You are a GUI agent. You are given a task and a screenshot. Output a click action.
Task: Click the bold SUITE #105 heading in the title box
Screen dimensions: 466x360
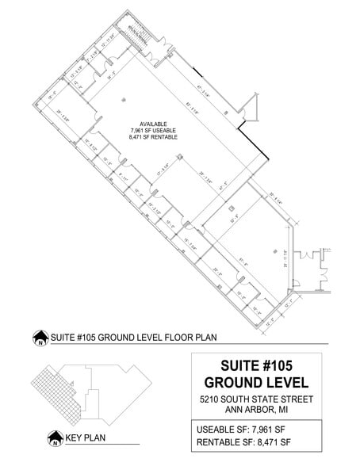point(255,366)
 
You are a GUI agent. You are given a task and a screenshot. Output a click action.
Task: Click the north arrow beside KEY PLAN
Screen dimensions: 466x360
point(55,437)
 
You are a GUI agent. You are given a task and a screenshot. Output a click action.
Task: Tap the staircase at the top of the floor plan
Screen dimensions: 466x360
point(143,34)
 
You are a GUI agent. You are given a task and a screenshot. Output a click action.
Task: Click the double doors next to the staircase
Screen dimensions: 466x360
point(164,50)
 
